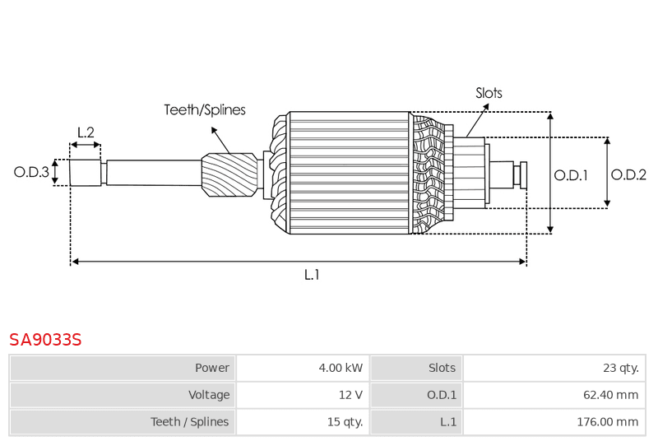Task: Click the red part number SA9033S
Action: (x=45, y=339)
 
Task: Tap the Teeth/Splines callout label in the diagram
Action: (x=204, y=109)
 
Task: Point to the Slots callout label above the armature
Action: (x=489, y=93)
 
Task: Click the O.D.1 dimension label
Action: (x=571, y=174)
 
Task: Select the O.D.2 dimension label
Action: (x=628, y=174)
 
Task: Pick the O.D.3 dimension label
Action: (x=31, y=172)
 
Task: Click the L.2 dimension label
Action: (x=86, y=132)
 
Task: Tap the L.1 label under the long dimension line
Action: (x=312, y=275)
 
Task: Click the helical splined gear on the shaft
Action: (x=229, y=174)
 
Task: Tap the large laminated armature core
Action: (x=350, y=173)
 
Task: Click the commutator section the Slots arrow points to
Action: (x=469, y=172)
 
